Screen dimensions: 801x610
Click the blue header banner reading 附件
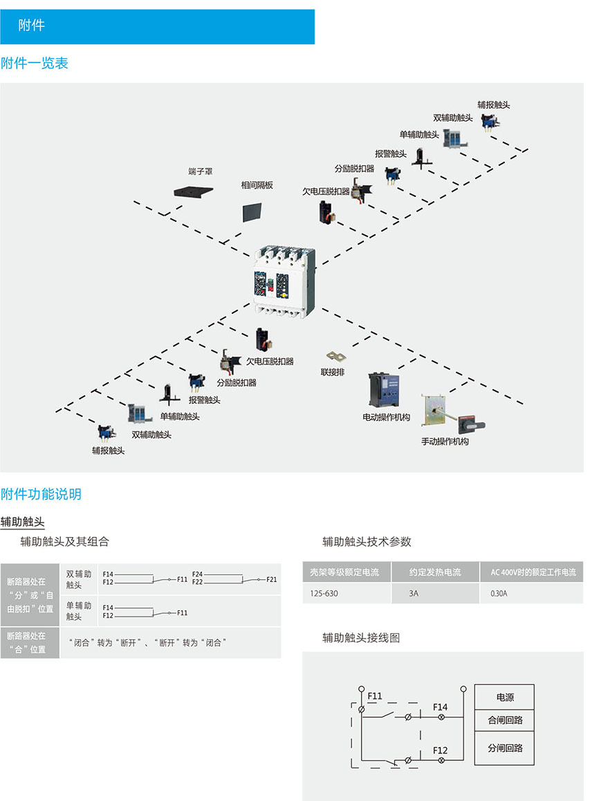[157, 26]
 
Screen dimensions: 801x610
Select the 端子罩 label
[200, 170]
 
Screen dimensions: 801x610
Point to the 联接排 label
[332, 372]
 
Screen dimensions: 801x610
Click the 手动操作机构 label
[445, 441]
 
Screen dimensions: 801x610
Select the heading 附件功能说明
[41, 494]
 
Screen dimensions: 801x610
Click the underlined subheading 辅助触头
[22, 522]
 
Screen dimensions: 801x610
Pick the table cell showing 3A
[414, 593]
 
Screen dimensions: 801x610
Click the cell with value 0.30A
[499, 593]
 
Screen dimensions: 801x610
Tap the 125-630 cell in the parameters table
[324, 593]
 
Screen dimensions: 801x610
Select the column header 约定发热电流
[435, 572]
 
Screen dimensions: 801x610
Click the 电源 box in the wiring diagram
[505, 697]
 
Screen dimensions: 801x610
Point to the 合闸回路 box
[505, 720]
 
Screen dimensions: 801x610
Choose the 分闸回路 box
[505, 748]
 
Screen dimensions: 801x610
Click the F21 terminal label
[271, 579]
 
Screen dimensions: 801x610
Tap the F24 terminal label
[197, 574]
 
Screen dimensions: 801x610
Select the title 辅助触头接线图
[361, 638]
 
